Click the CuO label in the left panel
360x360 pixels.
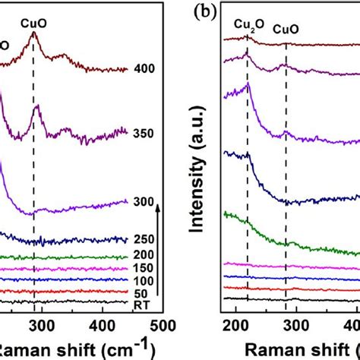33,13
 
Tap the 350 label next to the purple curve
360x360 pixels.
143,133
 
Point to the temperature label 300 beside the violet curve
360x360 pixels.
143,201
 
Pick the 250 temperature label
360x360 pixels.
143,239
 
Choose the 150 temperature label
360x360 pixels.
143,268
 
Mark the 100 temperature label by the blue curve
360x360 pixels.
143,280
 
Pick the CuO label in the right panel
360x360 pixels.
286,29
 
